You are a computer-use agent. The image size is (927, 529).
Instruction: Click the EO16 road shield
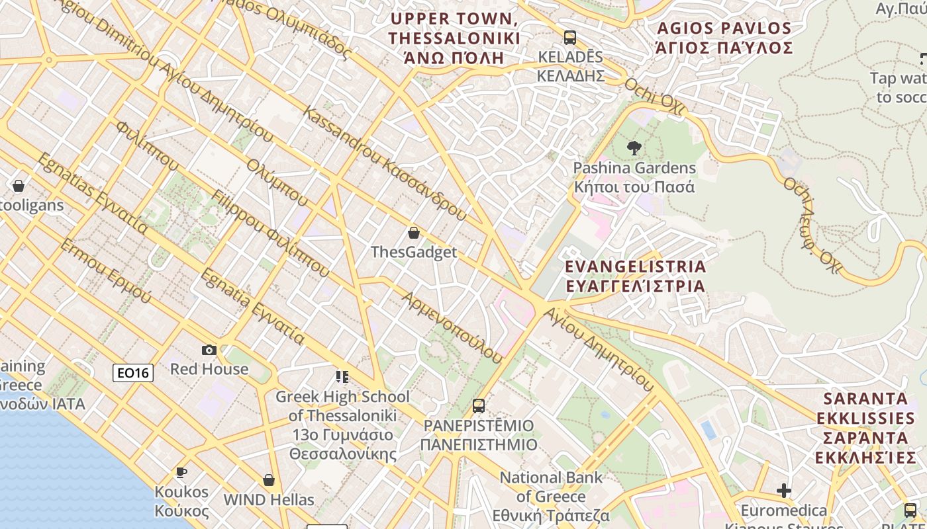(x=133, y=373)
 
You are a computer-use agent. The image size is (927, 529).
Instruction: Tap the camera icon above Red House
(x=209, y=350)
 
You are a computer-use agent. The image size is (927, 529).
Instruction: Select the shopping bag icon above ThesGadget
(x=414, y=233)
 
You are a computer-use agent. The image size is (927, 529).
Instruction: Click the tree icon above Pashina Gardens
(x=634, y=148)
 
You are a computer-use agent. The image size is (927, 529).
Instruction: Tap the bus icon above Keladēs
(x=570, y=37)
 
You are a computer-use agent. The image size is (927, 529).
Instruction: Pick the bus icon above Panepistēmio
(x=479, y=406)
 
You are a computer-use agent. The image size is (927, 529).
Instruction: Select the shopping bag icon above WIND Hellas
(x=269, y=480)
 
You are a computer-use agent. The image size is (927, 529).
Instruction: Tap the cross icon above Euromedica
(x=784, y=491)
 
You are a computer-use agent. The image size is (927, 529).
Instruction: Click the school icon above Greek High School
(x=342, y=377)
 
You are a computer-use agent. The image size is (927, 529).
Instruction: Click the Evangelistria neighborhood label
(x=635, y=276)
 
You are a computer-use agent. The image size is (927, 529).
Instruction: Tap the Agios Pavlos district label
(x=724, y=38)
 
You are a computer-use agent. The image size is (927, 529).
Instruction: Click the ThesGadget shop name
(x=414, y=252)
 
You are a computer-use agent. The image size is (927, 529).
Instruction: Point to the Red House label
(x=209, y=369)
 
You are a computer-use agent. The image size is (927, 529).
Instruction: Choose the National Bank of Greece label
(x=551, y=496)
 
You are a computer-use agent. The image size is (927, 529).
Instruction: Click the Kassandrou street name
(x=384, y=162)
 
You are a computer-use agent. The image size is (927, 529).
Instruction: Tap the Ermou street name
(x=106, y=271)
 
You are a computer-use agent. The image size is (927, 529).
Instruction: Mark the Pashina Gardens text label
(x=634, y=177)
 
